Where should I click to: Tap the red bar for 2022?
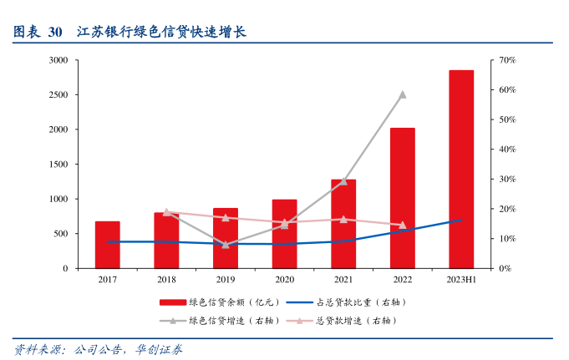coord(402,198)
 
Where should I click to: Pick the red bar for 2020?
coord(284,234)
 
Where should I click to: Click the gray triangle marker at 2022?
coord(402,94)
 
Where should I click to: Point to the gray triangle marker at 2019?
coord(226,244)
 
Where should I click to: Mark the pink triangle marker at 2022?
coord(402,225)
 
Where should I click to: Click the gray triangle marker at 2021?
coord(343,181)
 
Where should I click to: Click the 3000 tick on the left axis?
coord(58,60)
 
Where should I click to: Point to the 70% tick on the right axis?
coord(507,60)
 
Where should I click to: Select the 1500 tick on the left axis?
coord(58,165)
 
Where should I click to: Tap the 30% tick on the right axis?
coord(507,180)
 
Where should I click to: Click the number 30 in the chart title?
coord(55,33)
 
